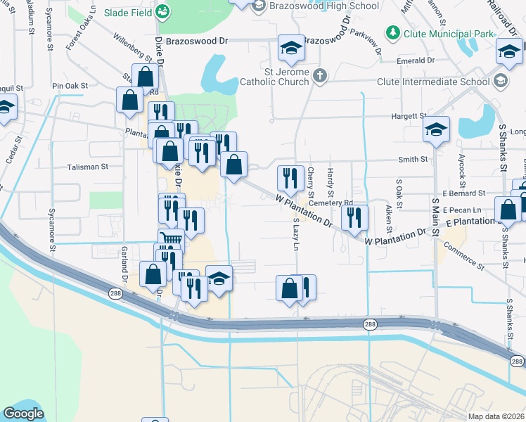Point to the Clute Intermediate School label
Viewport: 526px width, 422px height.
point(433,82)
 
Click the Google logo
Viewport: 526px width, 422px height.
point(24,414)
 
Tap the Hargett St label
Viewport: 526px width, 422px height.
point(413,115)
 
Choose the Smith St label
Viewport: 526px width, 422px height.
point(414,160)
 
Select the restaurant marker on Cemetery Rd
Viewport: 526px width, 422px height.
point(354,217)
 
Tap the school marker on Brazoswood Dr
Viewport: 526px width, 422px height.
point(291,48)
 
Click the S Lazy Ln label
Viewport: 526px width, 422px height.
point(296,235)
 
